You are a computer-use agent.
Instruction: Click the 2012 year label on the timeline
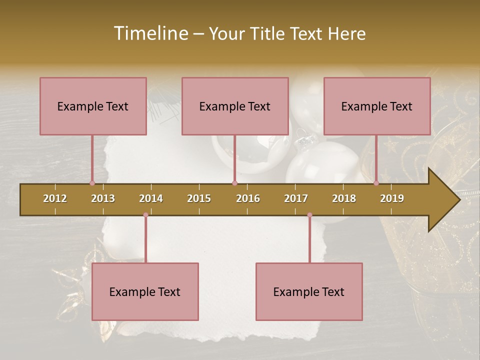[55, 198]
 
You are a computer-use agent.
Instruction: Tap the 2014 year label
[151, 198]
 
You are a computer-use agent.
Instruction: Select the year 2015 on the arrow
[199, 198]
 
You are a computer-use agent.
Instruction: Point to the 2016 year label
[248, 198]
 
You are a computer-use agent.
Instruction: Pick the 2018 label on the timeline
[344, 198]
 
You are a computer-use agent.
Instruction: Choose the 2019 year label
[392, 198]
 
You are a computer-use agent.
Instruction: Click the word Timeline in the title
[150, 33]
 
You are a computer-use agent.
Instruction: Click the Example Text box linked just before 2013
[93, 106]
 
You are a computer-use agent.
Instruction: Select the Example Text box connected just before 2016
[235, 106]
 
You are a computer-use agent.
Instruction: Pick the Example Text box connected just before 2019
[377, 106]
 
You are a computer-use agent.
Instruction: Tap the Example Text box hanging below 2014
[145, 292]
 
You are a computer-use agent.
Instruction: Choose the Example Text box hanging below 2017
[309, 292]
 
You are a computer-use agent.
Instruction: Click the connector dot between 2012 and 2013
[92, 183]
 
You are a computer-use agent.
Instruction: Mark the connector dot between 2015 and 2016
[234, 183]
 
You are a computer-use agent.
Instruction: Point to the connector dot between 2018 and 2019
[376, 183]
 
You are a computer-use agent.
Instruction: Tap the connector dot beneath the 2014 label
[145, 215]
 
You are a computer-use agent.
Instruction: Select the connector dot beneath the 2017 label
[309, 215]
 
